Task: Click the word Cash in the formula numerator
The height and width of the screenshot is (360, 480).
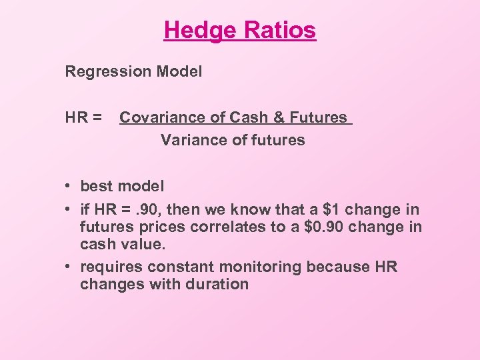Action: point(245,118)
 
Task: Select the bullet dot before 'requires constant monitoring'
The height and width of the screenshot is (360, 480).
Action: point(69,267)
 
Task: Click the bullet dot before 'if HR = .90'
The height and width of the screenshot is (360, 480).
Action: point(69,209)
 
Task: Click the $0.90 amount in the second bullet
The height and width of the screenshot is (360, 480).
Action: point(329,227)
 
